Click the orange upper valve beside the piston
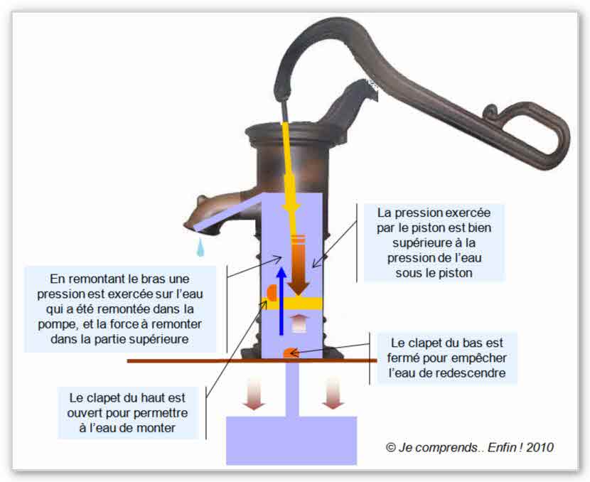pos(271,293)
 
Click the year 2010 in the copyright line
pos(538,447)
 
